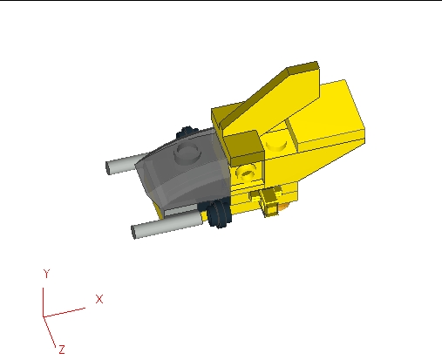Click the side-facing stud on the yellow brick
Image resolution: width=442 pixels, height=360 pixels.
(248, 173)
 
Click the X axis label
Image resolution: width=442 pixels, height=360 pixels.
(99, 299)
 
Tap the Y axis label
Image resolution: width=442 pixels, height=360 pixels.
(44, 274)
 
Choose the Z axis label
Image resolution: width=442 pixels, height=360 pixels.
(62, 349)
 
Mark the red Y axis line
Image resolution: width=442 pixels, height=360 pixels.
(44, 297)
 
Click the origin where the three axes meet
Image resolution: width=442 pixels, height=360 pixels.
(44, 316)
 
